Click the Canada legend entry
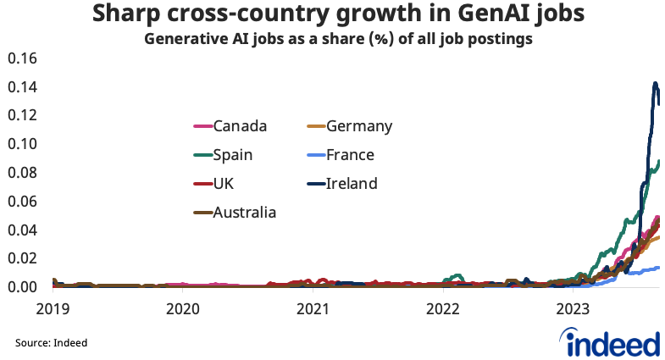click(x=230, y=126)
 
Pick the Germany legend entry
click(x=348, y=126)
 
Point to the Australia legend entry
click(x=234, y=212)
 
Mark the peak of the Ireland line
click(x=655, y=83)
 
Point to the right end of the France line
click(x=658, y=268)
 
